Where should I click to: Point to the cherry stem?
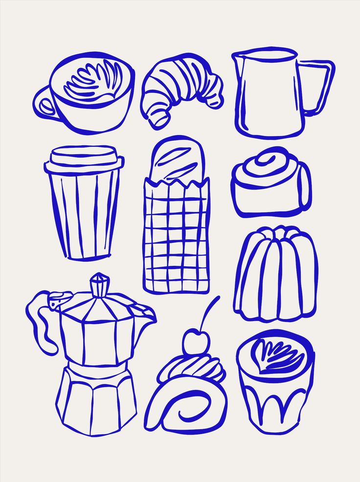point(210,313)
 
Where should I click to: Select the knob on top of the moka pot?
point(100,285)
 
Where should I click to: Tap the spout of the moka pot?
point(145,313)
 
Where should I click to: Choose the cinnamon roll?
point(270,184)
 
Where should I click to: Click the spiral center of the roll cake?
point(188,406)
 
